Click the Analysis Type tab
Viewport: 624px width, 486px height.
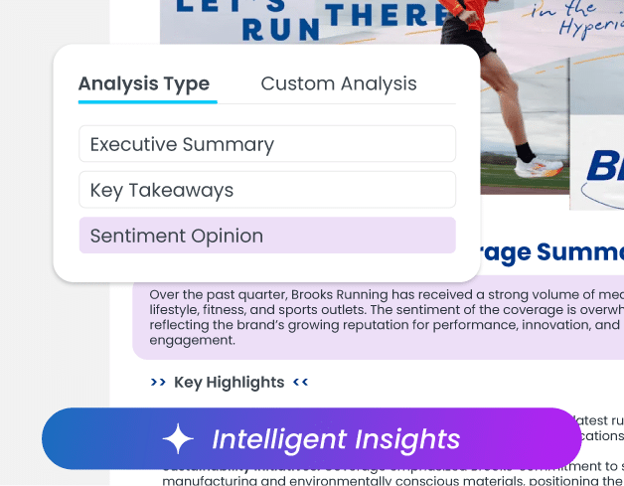pyautogui.click(x=143, y=83)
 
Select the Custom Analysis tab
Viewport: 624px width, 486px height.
pyautogui.click(x=338, y=83)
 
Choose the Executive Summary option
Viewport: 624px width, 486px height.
pyautogui.click(x=266, y=144)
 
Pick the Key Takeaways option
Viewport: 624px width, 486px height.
pyautogui.click(x=266, y=190)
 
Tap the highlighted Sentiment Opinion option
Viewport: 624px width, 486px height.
pyautogui.click(x=266, y=236)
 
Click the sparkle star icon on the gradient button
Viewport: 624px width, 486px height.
pyautogui.click(x=179, y=438)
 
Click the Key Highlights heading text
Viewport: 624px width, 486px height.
pyautogui.click(x=229, y=382)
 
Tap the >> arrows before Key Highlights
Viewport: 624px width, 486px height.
pyautogui.click(x=158, y=382)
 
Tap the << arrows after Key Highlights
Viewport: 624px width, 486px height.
pyautogui.click(x=300, y=382)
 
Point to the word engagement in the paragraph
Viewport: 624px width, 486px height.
pyautogui.click(x=192, y=339)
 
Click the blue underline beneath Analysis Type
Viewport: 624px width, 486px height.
pyautogui.click(x=147, y=101)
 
